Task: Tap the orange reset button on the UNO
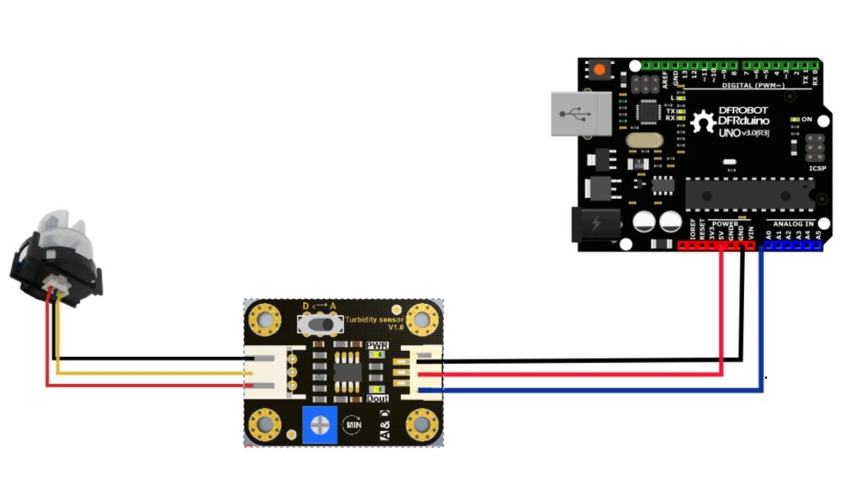[x=600, y=70]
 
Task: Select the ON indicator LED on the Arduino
[x=795, y=120]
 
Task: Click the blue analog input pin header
[x=791, y=247]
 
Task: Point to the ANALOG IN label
[x=791, y=223]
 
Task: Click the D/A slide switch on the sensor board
[x=319, y=324]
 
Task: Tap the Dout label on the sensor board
[x=378, y=398]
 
